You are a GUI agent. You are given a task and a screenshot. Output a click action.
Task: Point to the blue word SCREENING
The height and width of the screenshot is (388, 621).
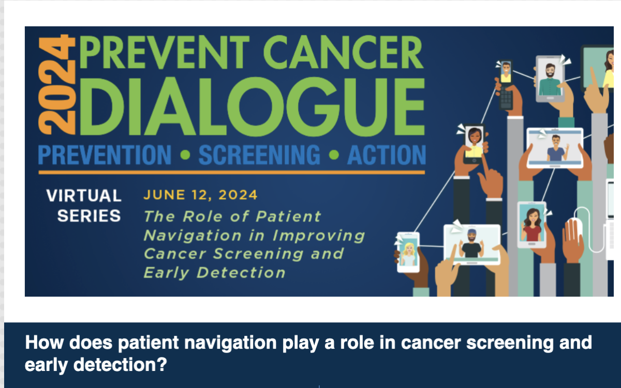[x=259, y=156]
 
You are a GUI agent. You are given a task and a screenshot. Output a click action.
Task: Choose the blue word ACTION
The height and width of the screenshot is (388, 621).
[x=386, y=156]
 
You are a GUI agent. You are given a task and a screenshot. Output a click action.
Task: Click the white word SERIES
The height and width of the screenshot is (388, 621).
[x=89, y=215]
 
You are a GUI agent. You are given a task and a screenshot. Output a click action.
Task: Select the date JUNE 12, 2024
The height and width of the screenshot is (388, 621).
[x=200, y=195]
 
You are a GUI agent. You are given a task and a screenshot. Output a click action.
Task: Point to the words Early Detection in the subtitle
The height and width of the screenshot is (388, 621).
[x=214, y=272]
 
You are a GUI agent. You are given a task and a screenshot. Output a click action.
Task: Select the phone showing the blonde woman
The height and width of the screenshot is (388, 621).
[x=408, y=252]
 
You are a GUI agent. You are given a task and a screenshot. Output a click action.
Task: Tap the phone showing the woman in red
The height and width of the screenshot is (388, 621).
[x=531, y=224]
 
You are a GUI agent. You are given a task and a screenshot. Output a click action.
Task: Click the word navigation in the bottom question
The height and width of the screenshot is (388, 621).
[x=188, y=343]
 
